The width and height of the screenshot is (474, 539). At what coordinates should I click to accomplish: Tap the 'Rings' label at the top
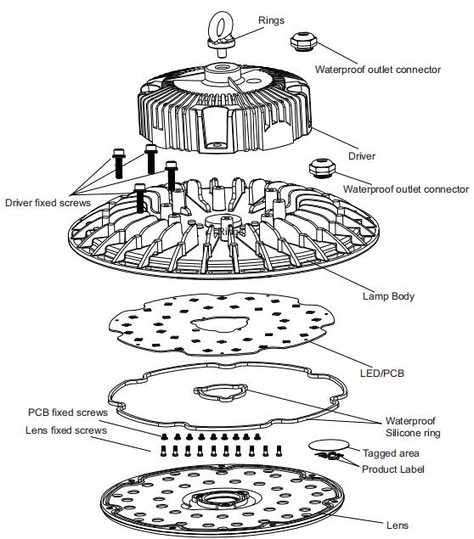point(271,20)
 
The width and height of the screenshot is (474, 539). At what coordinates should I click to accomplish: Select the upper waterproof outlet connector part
point(303,42)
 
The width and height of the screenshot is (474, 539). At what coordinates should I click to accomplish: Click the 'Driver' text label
point(362,156)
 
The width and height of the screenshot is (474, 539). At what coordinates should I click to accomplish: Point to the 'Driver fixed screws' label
point(48,203)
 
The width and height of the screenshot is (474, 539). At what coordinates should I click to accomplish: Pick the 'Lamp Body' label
point(388,296)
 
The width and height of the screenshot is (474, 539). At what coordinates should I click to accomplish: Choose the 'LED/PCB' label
point(381,373)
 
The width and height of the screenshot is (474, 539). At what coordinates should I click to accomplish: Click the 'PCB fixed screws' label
point(68,413)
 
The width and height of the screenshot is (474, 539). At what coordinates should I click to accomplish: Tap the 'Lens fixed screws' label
point(66,430)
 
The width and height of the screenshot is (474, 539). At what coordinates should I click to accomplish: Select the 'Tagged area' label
point(391,453)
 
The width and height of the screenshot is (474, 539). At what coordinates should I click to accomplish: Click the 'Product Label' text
point(392,469)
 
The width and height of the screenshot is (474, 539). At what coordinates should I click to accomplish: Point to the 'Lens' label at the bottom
point(398,525)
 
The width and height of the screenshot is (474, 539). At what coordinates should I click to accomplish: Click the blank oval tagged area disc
point(329,446)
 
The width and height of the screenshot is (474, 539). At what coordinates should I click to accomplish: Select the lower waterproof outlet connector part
point(322,168)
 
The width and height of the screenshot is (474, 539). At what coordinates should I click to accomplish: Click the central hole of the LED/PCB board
point(219,323)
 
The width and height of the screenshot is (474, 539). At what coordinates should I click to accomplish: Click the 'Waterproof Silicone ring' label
point(413,427)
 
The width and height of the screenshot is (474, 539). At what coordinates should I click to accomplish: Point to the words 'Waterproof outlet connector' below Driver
point(406,189)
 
